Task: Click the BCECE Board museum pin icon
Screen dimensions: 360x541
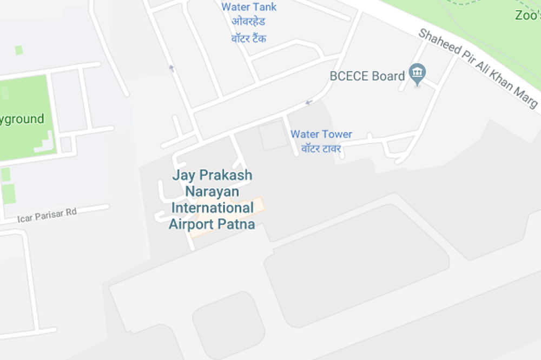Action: click(417, 74)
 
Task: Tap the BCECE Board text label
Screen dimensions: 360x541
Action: click(367, 76)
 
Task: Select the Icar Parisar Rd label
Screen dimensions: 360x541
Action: click(47, 215)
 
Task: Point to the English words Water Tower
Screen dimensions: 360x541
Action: click(321, 134)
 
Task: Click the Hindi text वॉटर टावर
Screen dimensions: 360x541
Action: click(321, 148)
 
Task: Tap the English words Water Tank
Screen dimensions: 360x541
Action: click(249, 7)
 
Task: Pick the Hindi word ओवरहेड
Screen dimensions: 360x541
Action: click(249, 22)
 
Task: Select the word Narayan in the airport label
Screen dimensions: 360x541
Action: click(212, 192)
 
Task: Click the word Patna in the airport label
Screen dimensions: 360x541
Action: click(236, 224)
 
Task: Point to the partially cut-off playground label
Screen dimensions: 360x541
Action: click(22, 119)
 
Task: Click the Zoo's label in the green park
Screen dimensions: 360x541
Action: click(527, 16)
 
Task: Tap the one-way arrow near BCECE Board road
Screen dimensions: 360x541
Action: click(309, 102)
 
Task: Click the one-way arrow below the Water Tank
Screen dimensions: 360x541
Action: click(171, 68)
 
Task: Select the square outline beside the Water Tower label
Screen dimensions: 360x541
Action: click(273, 136)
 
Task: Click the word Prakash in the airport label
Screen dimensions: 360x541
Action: click(225, 176)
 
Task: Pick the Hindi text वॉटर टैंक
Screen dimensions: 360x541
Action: click(249, 38)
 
